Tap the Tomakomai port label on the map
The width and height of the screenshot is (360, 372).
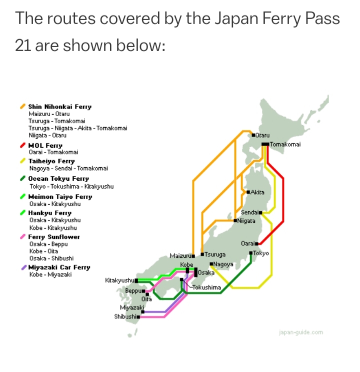pos(285,144)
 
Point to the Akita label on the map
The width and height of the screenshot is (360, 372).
pos(257,192)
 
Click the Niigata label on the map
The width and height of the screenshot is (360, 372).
pos(246,221)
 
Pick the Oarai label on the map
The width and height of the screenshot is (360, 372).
pos(248,243)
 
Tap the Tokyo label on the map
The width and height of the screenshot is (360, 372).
pos(261,253)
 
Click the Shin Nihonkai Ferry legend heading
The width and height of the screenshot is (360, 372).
pos(60,107)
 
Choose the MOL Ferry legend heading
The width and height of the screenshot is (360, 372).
pos(45,145)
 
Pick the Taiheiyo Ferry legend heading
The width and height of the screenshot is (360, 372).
pos(51,161)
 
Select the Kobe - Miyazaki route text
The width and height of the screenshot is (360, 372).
pos(50,275)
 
